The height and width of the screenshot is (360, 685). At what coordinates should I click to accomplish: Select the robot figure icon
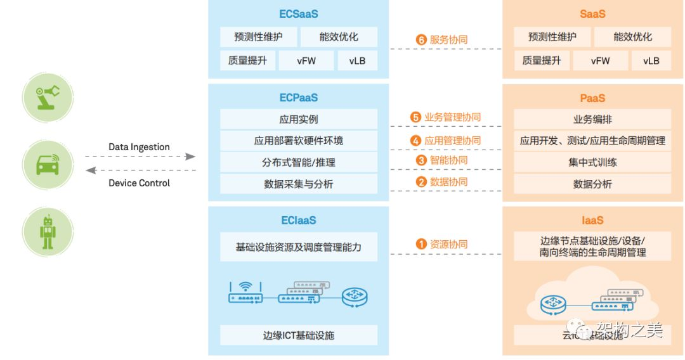tap(48, 231)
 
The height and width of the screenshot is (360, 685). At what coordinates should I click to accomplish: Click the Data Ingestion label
tap(139, 147)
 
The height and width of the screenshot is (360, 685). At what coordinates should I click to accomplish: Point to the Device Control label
tap(139, 183)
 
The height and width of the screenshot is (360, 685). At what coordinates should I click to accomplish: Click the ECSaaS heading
tap(298, 13)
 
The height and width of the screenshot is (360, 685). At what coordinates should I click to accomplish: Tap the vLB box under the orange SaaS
tap(651, 61)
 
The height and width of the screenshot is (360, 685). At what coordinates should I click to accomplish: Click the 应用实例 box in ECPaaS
tap(298, 119)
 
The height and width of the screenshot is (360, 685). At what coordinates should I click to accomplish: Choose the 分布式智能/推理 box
tap(298, 162)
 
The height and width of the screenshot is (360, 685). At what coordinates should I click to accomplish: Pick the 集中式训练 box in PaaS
tap(592, 162)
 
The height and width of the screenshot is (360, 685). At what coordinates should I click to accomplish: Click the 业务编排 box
tap(592, 119)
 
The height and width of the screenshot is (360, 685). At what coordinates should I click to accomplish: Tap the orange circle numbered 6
tap(421, 39)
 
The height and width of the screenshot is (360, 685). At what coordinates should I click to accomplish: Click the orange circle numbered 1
tap(421, 244)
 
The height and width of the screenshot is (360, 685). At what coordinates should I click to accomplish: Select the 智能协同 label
tap(448, 160)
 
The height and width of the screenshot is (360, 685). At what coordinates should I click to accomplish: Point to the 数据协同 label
tap(448, 182)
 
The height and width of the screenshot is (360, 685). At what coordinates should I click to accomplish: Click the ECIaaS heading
tap(298, 221)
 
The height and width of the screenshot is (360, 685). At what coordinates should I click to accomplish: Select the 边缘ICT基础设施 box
tap(298, 335)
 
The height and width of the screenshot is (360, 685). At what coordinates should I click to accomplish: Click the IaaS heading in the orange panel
tap(592, 221)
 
